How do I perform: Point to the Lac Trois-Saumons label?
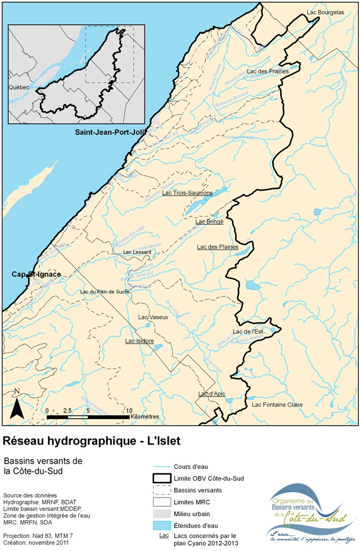[187, 193]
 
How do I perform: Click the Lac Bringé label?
[209, 222]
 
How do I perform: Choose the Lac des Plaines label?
[217, 247]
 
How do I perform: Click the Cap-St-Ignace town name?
[36, 274]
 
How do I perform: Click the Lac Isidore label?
[139, 341]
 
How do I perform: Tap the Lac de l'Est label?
[248, 331]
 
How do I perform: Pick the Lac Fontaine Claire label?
[277, 404]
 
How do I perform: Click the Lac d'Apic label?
[212, 393]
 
